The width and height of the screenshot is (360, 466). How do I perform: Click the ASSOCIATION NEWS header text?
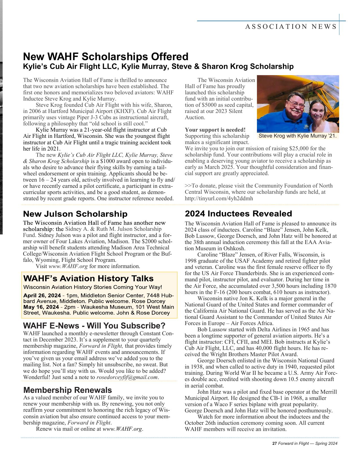pos(291,27)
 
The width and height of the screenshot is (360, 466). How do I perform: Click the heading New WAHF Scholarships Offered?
pos(105,56)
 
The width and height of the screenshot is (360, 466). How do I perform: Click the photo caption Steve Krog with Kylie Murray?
pos(298,136)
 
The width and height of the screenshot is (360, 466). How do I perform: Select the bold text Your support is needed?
pos(215,130)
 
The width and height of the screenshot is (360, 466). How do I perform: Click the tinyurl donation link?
pos(219,198)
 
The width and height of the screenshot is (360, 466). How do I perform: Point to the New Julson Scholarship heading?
pos(75,214)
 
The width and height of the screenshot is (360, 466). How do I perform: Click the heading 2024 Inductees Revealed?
pos(238,214)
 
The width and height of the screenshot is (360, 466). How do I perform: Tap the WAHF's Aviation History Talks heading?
pos(88,278)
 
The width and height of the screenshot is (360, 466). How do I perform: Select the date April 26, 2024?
pos(42,295)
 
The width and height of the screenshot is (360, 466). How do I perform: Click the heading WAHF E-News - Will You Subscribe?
pos(94,326)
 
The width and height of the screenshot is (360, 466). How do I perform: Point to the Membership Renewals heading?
pos(67,390)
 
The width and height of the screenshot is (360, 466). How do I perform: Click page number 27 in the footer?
pos(274,444)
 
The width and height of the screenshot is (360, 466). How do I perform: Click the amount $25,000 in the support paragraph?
pos(300,149)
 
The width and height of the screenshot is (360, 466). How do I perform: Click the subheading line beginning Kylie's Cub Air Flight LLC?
pos(158,67)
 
